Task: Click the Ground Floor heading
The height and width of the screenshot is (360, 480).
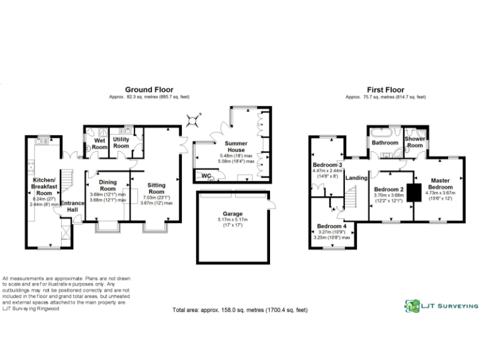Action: pos(149,89)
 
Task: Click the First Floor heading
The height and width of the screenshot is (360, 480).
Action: pos(386,89)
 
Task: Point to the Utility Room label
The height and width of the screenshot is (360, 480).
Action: pos(121,142)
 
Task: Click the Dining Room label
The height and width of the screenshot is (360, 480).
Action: pos(108,185)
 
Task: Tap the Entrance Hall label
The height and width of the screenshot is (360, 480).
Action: pos(72,206)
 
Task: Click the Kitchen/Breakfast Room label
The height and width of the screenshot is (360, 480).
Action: pos(45,185)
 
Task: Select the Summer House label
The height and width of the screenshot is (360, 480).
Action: pos(236,147)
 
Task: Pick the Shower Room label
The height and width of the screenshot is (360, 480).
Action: pos(414,142)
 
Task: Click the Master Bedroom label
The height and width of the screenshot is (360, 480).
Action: pos(440,184)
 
